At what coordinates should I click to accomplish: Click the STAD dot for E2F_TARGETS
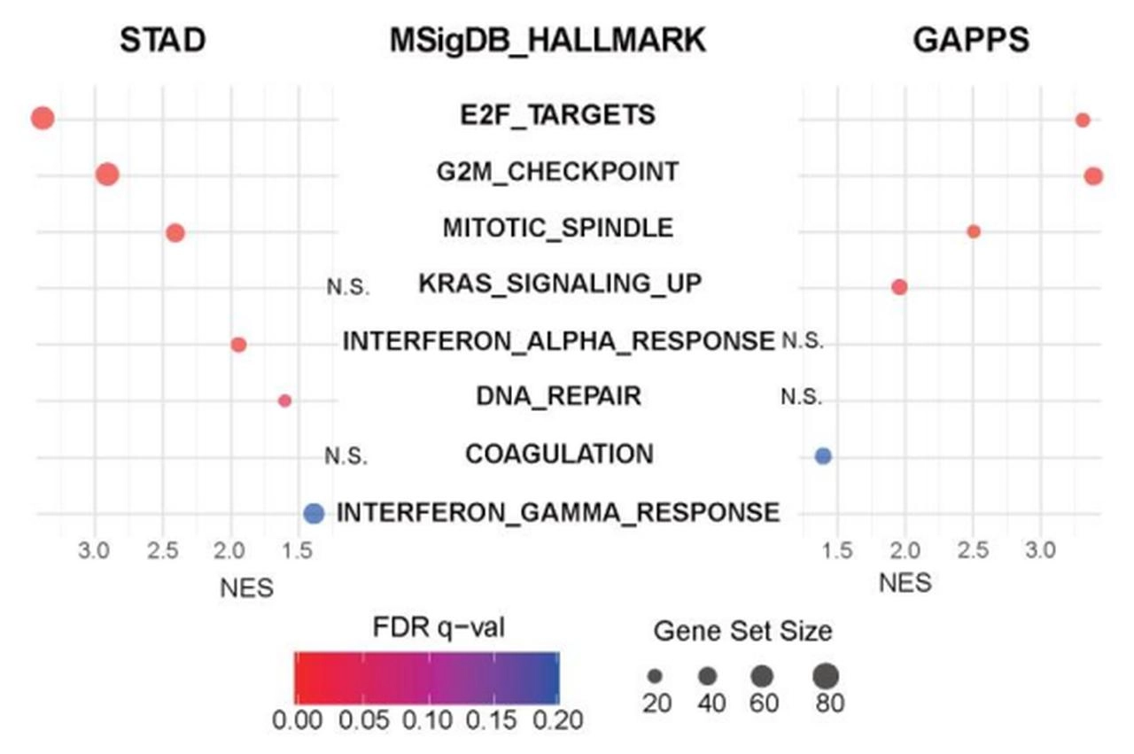coord(43,118)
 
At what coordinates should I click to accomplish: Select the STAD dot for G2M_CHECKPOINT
coord(108,175)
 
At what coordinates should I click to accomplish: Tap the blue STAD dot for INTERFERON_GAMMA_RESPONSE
coord(314,512)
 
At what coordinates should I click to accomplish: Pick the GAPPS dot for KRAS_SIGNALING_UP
coord(899,287)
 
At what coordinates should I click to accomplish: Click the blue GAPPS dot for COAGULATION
coord(823,455)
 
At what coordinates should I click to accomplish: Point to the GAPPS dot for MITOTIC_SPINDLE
coord(974,231)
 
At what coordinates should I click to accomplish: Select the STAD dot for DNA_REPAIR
coord(284,400)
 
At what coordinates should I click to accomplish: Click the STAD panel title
coord(163,40)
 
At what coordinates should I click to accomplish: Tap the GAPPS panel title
coord(971,40)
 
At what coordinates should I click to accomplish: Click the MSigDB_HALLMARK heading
coord(548,40)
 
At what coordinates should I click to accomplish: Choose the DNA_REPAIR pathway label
coord(558,396)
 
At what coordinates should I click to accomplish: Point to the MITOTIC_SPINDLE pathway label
coord(557,228)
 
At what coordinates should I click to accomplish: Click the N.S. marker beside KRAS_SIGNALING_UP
coord(347,286)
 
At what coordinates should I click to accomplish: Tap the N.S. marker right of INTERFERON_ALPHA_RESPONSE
coord(803,341)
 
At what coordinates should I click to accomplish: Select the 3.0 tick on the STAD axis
coord(94,550)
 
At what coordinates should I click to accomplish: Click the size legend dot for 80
coord(826,676)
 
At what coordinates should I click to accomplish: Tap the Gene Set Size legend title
coord(742,632)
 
